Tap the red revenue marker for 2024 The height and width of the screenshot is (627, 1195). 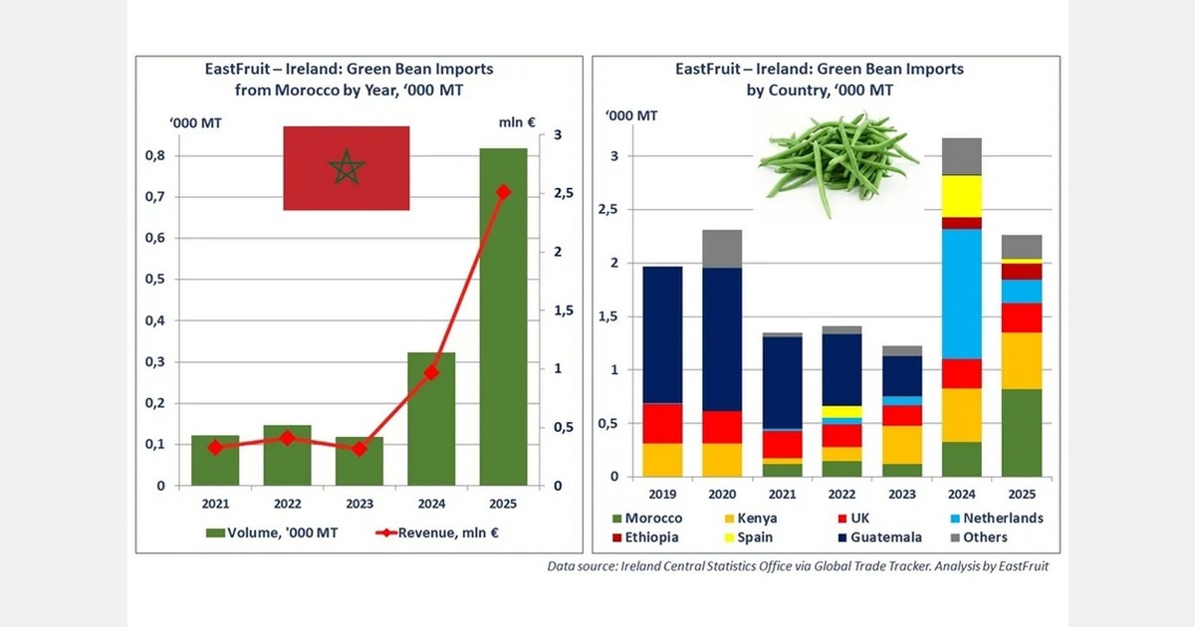[431, 372]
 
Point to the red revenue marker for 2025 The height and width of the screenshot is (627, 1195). [503, 192]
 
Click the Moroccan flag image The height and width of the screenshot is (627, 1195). [346, 168]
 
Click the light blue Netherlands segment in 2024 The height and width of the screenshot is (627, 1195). [962, 294]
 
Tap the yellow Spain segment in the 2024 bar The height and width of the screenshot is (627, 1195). [962, 196]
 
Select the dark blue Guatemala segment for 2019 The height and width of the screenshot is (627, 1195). [661, 334]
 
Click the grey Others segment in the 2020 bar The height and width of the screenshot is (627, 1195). [722, 248]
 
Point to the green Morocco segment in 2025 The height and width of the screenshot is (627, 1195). [1022, 432]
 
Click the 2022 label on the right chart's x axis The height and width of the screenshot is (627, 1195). [841, 493]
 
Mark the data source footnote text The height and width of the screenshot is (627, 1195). [798, 566]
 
